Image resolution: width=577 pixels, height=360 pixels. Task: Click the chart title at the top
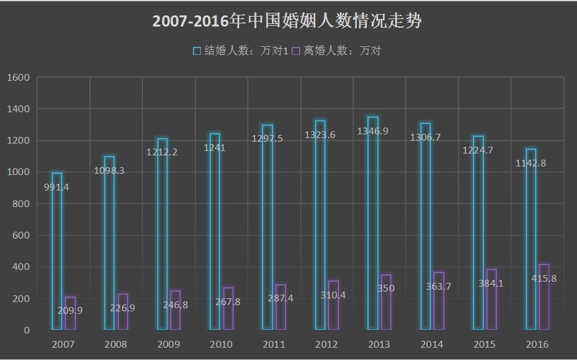287,22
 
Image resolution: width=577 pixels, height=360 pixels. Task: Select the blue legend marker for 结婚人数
197,51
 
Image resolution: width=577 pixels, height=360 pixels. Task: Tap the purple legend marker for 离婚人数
295,51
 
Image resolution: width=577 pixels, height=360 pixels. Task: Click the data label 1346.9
373,131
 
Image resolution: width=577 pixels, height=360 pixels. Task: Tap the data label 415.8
544,279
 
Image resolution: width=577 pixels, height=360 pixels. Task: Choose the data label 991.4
57,187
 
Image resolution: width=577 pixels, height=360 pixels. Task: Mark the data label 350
386,288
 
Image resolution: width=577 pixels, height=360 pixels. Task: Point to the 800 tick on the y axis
22,204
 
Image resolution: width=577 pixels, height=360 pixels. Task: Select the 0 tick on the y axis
27,330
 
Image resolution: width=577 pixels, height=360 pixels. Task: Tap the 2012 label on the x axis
327,345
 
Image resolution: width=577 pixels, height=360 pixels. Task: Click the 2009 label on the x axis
169,345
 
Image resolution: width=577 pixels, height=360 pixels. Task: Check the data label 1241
214,148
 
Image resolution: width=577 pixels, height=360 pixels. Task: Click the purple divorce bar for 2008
123,312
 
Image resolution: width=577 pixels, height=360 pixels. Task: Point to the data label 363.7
439,286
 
